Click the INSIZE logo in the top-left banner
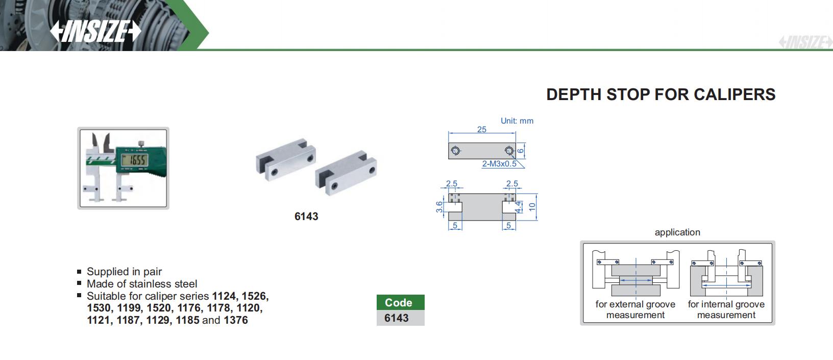click(x=95, y=31)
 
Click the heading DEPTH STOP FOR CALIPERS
click(x=661, y=94)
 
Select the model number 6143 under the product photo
click(x=306, y=217)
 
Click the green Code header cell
click(x=401, y=302)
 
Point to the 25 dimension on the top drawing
click(x=482, y=129)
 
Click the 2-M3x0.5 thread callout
click(x=499, y=163)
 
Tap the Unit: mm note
click(x=517, y=121)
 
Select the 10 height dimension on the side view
click(x=532, y=207)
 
